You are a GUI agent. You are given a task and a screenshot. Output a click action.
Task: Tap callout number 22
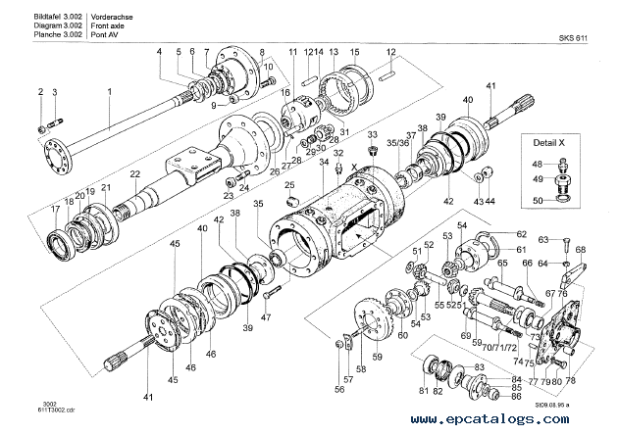(136, 174)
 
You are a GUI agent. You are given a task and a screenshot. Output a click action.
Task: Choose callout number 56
(339, 389)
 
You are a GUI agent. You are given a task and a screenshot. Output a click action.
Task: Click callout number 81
(424, 392)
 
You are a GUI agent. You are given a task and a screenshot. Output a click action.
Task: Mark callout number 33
(372, 134)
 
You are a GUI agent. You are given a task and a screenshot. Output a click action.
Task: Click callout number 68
(580, 250)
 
